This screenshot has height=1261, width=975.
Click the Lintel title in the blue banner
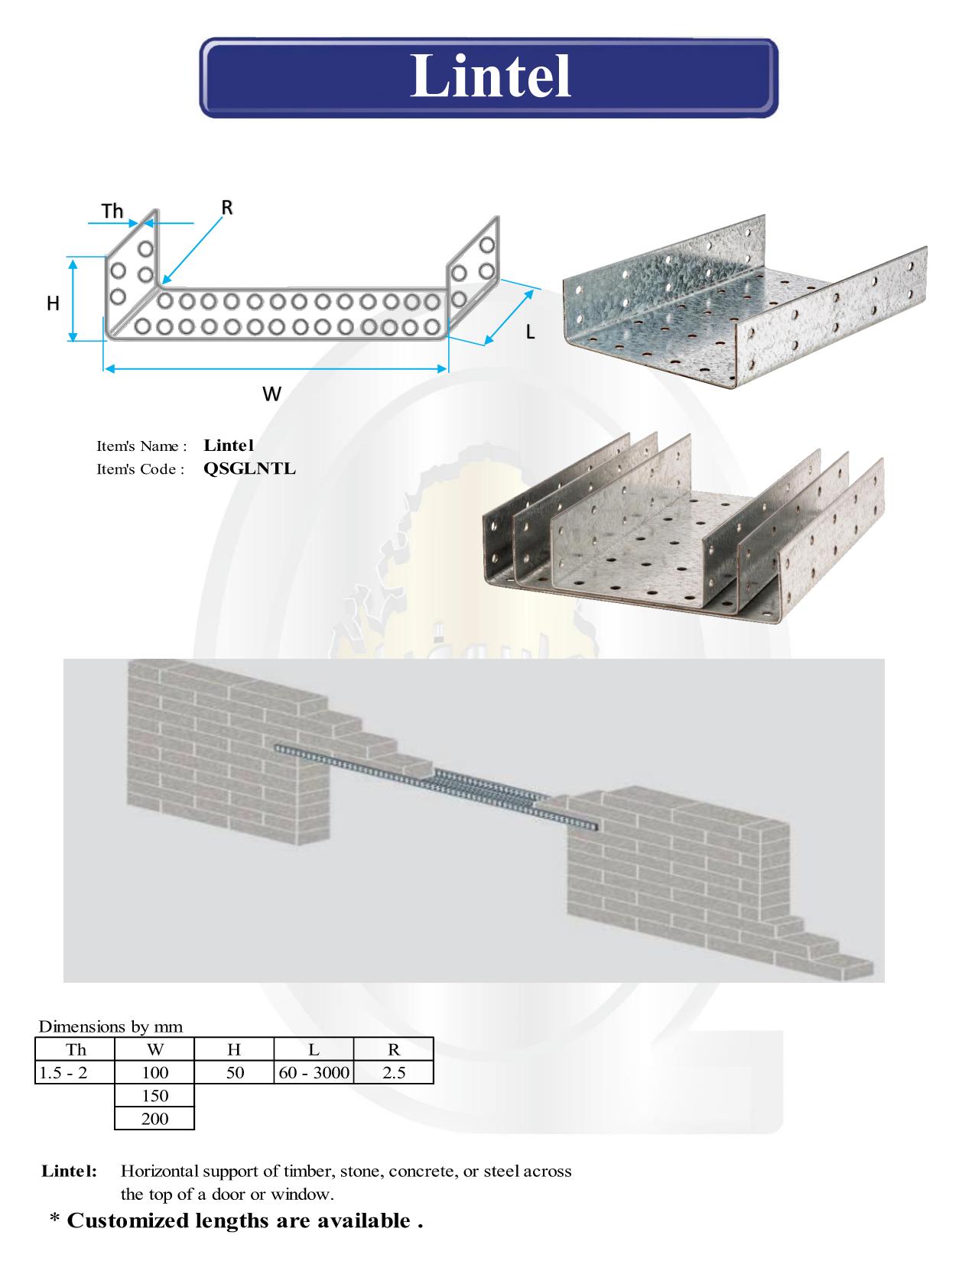click(x=491, y=76)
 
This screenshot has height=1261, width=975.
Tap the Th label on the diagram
click(x=112, y=211)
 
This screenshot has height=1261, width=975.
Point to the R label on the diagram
click(x=227, y=207)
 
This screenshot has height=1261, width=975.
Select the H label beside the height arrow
click(x=53, y=303)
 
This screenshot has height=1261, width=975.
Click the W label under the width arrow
click(x=271, y=394)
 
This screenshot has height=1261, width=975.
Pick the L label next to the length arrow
click(x=530, y=332)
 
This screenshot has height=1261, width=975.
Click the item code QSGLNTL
click(x=250, y=468)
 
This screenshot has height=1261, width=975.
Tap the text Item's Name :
click(x=141, y=446)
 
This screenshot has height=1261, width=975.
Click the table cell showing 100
click(x=154, y=1072)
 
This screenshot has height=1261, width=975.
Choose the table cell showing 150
click(x=154, y=1096)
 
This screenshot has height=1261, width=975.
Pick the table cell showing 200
click(x=154, y=1118)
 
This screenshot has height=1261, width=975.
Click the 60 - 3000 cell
click(x=314, y=1072)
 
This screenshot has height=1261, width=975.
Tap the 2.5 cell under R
click(x=394, y=1072)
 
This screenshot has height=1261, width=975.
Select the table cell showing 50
click(x=234, y=1072)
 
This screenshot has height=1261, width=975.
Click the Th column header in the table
click(x=75, y=1049)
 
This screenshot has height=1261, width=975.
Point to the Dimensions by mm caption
click(x=111, y=1026)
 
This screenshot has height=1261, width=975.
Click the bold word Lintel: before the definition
click(x=69, y=1171)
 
